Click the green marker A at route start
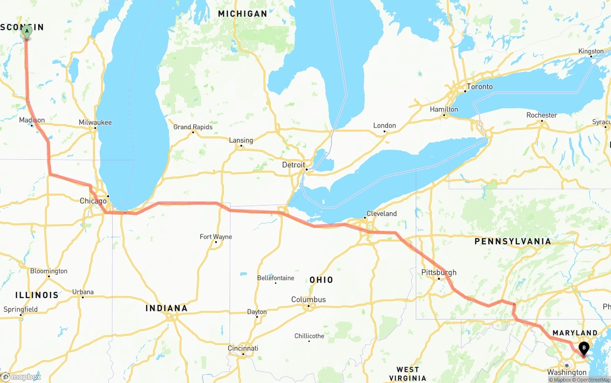pos(27,32)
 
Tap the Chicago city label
pos(93,201)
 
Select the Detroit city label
pos(294,165)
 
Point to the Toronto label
pos(479,86)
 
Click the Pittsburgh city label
pos(439,272)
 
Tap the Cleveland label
pos(381,213)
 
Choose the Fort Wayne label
pos(216,237)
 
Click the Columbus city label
pos(308,300)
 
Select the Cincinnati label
pos(243,348)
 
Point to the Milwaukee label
pos(95,122)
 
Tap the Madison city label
pos(32,120)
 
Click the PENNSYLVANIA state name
pos(512,241)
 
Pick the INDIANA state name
pos(167,308)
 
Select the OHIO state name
pos(321,279)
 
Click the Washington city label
pos(567,372)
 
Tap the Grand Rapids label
pos(193,127)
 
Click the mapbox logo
pos(21,377)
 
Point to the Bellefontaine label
pos(275,278)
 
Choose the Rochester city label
pos(542,115)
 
